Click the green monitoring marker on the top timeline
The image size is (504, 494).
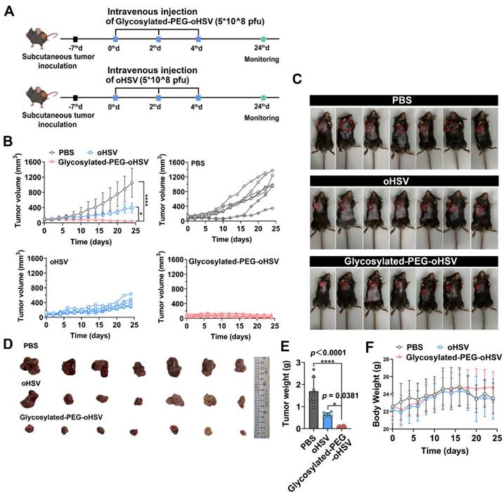click(264, 39)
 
